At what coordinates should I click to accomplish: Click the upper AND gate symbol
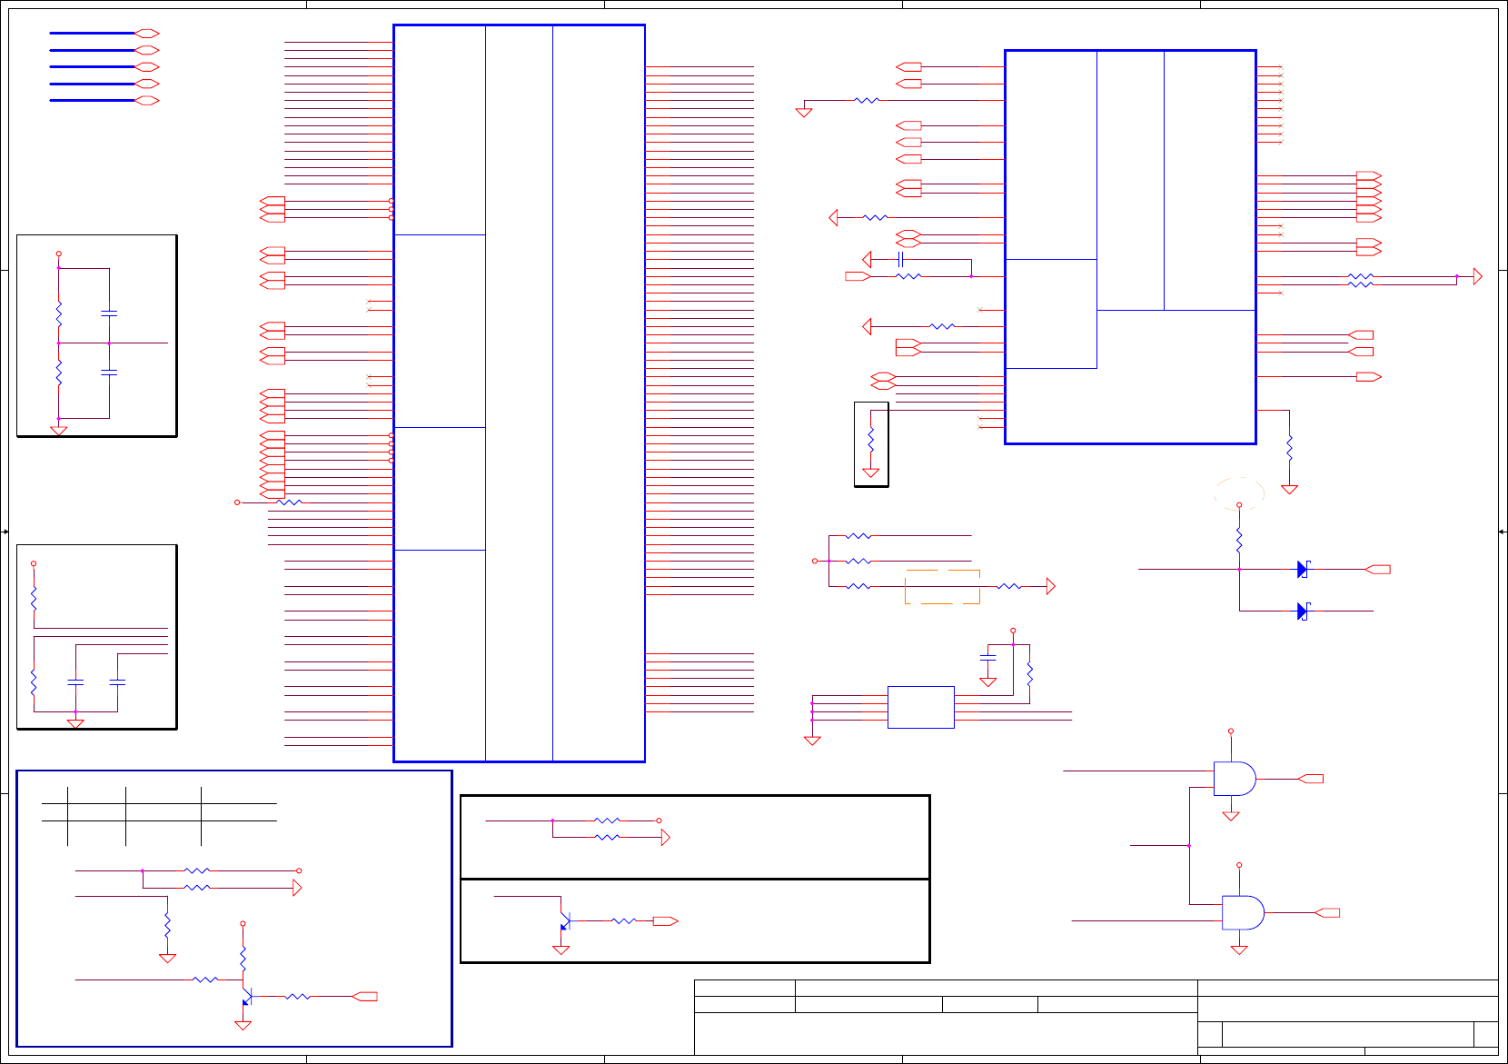pos(1234,779)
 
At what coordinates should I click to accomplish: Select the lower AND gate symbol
pos(1242,912)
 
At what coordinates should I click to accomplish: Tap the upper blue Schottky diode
pos(1303,570)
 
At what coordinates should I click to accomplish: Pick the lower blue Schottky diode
pos(1303,612)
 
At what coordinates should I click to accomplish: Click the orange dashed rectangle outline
pos(942,587)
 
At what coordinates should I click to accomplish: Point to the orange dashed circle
pos(1239,493)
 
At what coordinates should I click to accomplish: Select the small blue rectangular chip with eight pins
pos(920,707)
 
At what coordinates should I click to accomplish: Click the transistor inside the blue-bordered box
pos(245,996)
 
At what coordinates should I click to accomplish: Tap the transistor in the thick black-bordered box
pos(563,921)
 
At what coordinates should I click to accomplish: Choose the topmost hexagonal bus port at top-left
pos(146,34)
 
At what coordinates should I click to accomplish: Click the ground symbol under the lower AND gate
pos(1239,950)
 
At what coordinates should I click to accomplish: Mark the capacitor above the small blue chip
pos(988,656)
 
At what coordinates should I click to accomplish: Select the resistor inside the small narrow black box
pos(870,439)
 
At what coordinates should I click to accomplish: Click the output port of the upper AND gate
pos(1311,779)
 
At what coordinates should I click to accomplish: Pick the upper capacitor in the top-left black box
pos(109,313)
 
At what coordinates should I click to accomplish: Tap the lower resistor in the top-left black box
pos(59,373)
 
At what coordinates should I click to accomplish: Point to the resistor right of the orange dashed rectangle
pos(1008,587)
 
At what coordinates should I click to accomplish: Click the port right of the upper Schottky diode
pos(1378,570)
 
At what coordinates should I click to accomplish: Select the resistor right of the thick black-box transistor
pos(623,921)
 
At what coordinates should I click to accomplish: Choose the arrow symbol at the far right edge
pos(1477,276)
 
